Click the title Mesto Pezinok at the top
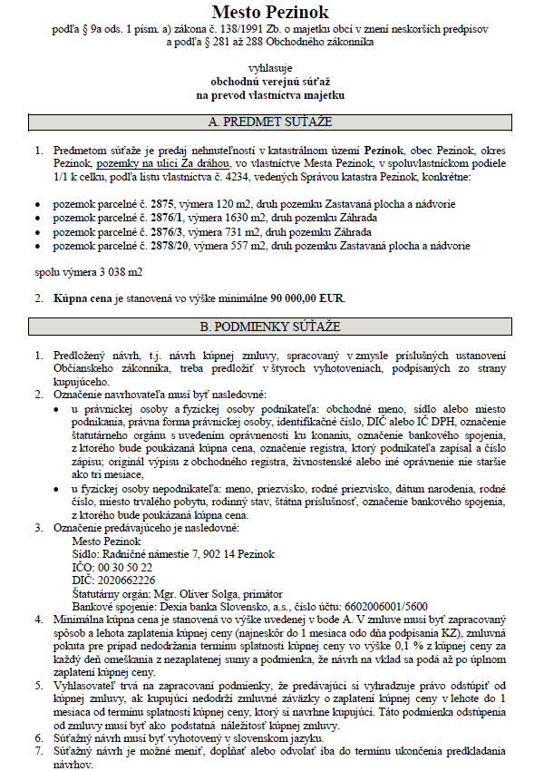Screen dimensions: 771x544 click(x=269, y=13)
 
